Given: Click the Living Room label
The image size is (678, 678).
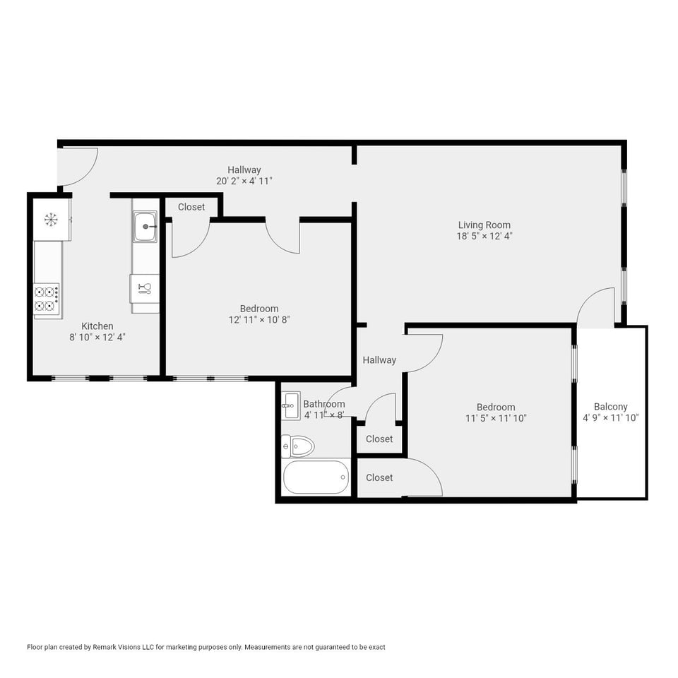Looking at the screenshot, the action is pyautogui.click(x=484, y=225).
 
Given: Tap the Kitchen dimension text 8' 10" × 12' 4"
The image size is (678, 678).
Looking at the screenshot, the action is pyautogui.click(x=97, y=338).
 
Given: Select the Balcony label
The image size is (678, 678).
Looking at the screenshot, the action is pyautogui.click(x=610, y=407).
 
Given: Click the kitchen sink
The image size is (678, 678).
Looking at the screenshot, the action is pyautogui.click(x=145, y=226).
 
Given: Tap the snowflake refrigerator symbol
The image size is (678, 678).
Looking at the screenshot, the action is pyautogui.click(x=51, y=219).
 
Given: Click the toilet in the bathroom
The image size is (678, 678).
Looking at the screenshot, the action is pyautogui.click(x=298, y=446).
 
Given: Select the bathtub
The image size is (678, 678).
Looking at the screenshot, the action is pyautogui.click(x=316, y=477).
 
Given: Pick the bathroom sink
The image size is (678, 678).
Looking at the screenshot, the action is pyautogui.click(x=290, y=405).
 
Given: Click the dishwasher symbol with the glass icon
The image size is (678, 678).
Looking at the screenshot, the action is pyautogui.click(x=145, y=288).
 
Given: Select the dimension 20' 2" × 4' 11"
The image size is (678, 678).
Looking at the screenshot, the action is pyautogui.click(x=244, y=181).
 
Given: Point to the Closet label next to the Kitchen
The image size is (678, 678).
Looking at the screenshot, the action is pyautogui.click(x=191, y=207).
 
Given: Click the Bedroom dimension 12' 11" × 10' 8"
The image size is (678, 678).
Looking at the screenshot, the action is pyautogui.click(x=259, y=320).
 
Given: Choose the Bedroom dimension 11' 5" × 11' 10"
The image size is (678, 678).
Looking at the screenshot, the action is pyautogui.click(x=496, y=418).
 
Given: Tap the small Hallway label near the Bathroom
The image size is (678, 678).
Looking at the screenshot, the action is pyautogui.click(x=379, y=359).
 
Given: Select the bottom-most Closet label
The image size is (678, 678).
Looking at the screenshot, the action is pyautogui.click(x=379, y=477).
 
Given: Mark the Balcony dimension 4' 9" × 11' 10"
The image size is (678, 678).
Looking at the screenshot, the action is pyautogui.click(x=610, y=417).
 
